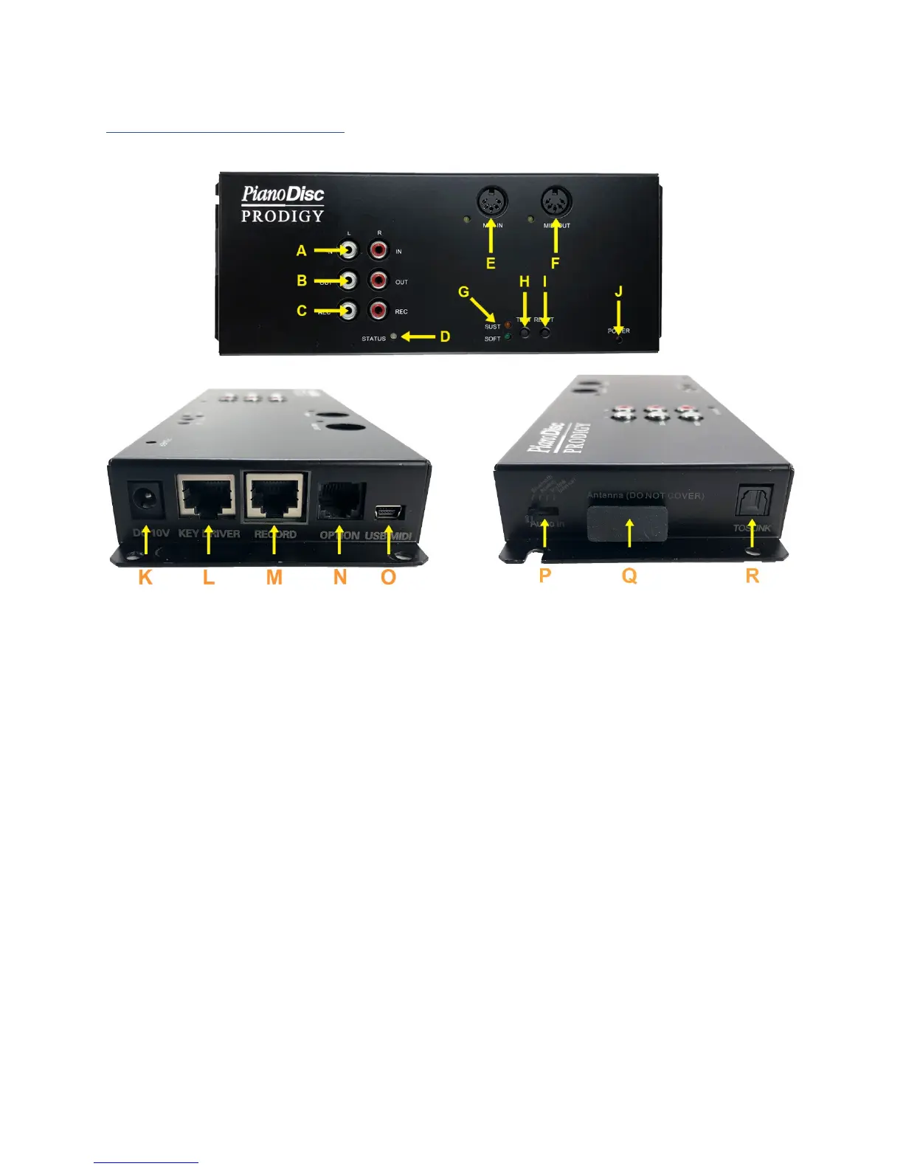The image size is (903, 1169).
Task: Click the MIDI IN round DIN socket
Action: click(x=493, y=201)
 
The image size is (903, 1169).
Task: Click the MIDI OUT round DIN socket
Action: click(x=556, y=201)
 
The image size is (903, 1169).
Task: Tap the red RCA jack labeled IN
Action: click(x=378, y=251)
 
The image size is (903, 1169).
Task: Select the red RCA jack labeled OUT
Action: click(x=378, y=280)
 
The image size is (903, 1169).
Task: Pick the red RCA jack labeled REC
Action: click(x=378, y=311)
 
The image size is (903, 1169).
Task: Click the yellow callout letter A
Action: click(x=301, y=251)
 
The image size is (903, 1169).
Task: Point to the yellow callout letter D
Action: click(x=445, y=337)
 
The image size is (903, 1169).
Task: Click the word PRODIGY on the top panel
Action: click(x=283, y=216)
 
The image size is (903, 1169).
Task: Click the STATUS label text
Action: click(x=373, y=339)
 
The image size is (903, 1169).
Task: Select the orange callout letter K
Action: click(x=145, y=577)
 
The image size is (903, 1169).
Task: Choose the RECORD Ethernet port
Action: click(x=275, y=497)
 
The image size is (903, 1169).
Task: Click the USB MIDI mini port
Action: click(x=387, y=511)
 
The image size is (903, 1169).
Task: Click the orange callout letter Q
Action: click(x=629, y=576)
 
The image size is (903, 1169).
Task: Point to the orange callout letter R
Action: click(x=752, y=576)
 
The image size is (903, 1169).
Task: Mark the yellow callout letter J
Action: click(x=619, y=292)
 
